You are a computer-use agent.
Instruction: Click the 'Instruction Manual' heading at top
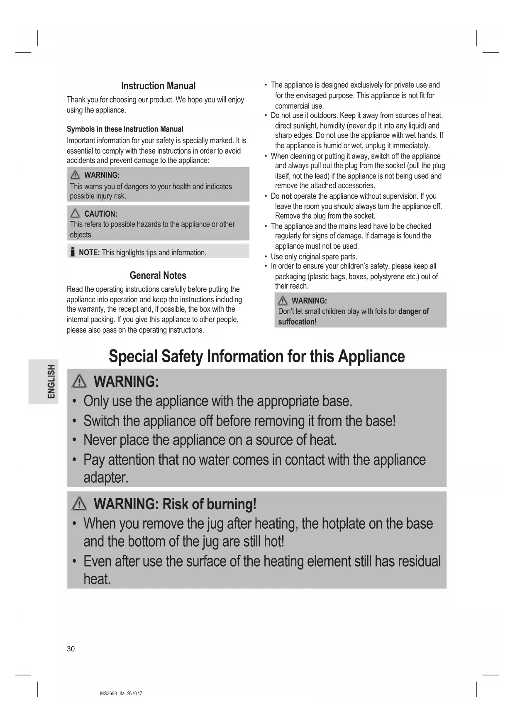[x=158, y=86]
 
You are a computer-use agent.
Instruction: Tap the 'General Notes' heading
[x=158, y=276]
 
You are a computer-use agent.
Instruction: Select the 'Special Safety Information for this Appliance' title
[x=256, y=357]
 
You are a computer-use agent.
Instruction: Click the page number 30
[x=71, y=649]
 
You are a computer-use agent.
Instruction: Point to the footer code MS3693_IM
[x=112, y=694]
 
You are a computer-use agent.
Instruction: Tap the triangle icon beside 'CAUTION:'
[x=75, y=214]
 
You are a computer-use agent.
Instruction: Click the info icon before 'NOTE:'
[x=73, y=252]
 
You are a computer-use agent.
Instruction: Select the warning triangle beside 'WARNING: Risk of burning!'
[x=79, y=504]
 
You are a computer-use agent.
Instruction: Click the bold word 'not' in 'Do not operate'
[x=286, y=196]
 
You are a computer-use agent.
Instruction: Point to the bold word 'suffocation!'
[x=297, y=322]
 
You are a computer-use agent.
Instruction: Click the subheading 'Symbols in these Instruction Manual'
[x=125, y=129]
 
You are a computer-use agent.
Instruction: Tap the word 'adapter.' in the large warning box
[x=106, y=478]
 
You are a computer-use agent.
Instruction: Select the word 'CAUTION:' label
[x=101, y=214]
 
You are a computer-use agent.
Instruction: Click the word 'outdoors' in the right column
[x=321, y=115]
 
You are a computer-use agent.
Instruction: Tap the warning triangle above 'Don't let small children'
[x=283, y=300]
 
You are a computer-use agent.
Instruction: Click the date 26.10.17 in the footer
[x=134, y=694]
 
